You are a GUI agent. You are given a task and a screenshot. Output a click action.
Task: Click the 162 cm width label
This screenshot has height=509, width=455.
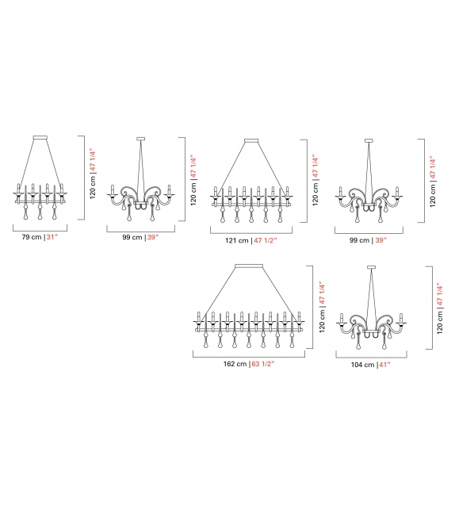point(235,364)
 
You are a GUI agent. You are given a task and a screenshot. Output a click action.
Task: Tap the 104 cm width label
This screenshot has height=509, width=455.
point(361,364)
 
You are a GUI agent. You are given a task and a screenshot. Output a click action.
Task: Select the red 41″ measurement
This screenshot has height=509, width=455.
point(385,364)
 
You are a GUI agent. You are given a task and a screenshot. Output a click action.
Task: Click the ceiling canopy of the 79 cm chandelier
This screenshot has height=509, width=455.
point(38,139)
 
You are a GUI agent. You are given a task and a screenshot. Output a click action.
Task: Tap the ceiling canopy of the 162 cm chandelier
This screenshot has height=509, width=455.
point(247,266)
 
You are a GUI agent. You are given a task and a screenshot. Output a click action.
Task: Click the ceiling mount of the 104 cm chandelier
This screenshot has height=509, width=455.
point(371,267)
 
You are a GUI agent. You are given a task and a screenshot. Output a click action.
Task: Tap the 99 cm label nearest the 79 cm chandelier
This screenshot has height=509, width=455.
point(132,237)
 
